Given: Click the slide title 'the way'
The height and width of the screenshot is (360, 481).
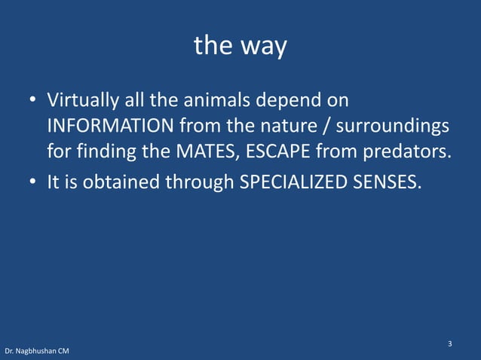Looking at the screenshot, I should click(x=240, y=47).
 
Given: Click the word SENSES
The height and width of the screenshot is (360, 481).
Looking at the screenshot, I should click(x=385, y=182).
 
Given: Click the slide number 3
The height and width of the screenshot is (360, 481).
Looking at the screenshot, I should click(x=449, y=344).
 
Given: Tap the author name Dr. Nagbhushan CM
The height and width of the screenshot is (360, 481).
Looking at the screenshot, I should click(x=36, y=352).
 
